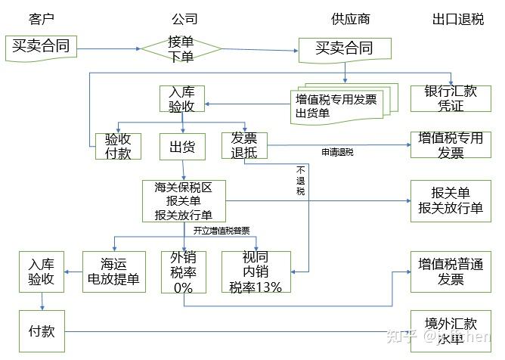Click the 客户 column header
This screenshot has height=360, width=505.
pyautogui.click(x=42, y=19)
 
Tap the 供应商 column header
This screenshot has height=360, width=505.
pyautogui.click(x=349, y=19)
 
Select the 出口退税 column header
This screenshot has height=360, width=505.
pyautogui.click(x=457, y=19)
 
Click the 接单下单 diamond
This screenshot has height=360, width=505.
pyautogui.click(x=181, y=48)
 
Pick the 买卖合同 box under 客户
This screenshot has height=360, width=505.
pyautogui.click(x=41, y=48)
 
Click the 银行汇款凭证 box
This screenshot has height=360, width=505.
pyautogui.click(x=451, y=99)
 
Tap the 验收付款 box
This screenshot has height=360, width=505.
pyautogui.click(x=118, y=146)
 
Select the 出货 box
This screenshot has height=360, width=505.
pyautogui.click(x=182, y=146)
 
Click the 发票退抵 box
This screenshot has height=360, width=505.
pyautogui.click(x=244, y=146)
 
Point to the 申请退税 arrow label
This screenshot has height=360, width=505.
pyautogui.click(x=338, y=152)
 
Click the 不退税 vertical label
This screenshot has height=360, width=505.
pyautogui.click(x=300, y=181)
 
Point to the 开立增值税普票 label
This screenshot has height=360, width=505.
pyautogui.click(x=222, y=230)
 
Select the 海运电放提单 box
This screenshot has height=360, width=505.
pyautogui.click(x=114, y=272)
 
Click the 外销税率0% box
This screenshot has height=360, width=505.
pyautogui.click(x=182, y=272)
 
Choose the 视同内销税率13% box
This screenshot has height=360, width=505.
pyautogui.click(x=256, y=272)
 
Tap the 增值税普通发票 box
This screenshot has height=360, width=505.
pyautogui.click(x=451, y=272)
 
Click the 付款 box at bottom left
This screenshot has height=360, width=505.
pyautogui.click(x=41, y=332)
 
